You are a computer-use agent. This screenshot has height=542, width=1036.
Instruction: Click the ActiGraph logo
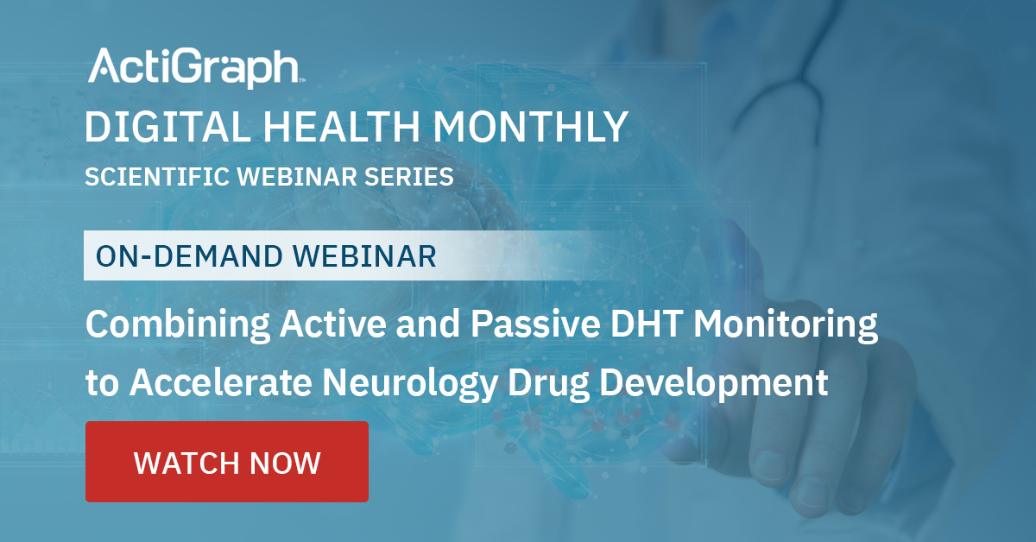(x=197, y=67)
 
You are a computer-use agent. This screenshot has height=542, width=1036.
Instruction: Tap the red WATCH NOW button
(x=227, y=462)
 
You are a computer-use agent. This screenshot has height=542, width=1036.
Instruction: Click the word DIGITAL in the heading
(x=167, y=127)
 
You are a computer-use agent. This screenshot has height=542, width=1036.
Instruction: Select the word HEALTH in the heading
(x=341, y=127)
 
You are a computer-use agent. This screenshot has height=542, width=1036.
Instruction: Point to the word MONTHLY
(x=530, y=127)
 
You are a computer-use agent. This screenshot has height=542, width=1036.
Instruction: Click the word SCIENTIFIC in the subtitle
(x=157, y=177)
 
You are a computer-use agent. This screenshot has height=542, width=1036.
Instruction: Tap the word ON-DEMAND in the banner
(x=189, y=256)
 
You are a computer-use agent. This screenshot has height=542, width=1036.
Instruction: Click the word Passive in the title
(x=535, y=324)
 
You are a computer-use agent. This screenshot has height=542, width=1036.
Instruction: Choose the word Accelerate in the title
(x=221, y=382)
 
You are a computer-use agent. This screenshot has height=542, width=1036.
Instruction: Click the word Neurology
(x=410, y=384)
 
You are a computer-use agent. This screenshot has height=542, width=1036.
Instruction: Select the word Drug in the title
(x=548, y=384)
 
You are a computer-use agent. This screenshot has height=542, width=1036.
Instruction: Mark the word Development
(x=714, y=384)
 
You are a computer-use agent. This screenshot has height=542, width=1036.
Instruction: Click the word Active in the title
(x=333, y=324)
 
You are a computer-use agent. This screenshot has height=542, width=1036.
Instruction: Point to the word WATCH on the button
(x=186, y=463)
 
